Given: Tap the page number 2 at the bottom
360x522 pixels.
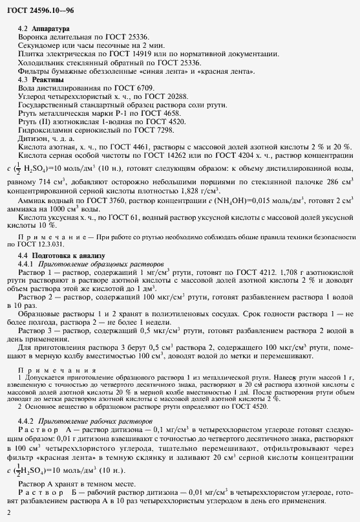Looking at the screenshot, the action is [8, 514].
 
